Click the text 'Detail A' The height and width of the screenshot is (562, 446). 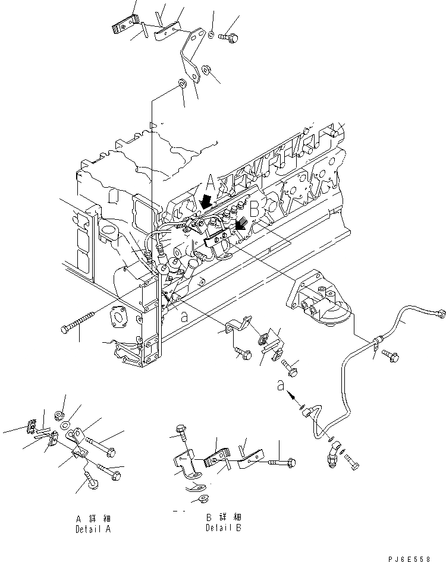tap(93, 528)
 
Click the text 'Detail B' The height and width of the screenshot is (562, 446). tap(224, 528)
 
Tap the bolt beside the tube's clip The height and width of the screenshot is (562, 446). tap(392, 356)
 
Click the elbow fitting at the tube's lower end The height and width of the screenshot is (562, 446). tap(331, 457)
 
